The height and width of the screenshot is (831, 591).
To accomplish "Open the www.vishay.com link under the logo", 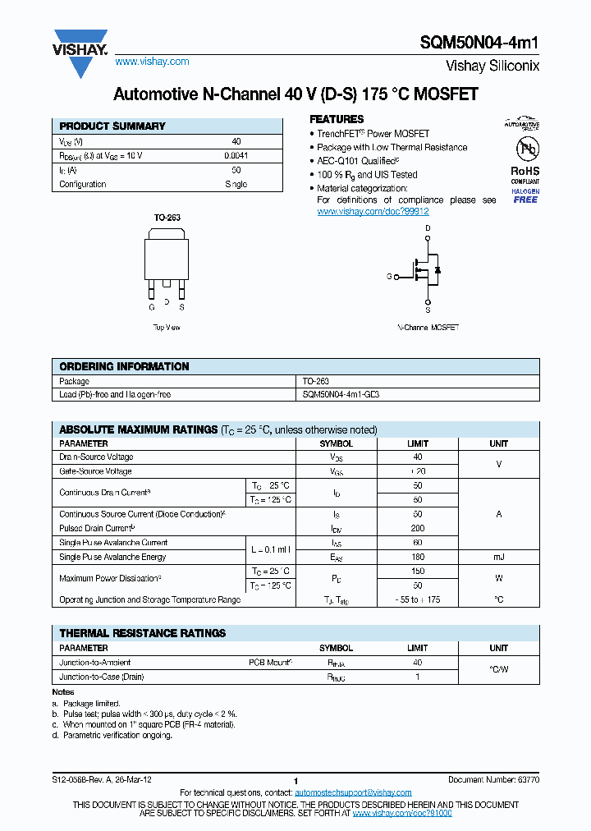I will tap(152, 62).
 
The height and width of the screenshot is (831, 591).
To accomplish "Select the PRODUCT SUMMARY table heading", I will tap(112, 126).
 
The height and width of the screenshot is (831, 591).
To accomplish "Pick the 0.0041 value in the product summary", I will tap(236, 155).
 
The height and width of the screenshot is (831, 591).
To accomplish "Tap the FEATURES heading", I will tap(337, 119).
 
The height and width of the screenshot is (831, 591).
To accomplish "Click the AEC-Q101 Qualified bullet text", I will tap(358, 161).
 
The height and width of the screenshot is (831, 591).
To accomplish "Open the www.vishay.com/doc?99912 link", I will tap(373, 211).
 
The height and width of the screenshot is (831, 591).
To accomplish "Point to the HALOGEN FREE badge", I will tap(525, 195).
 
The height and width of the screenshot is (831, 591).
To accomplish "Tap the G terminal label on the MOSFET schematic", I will tap(389, 277).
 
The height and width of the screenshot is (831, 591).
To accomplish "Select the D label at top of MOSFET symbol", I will tap(427, 227).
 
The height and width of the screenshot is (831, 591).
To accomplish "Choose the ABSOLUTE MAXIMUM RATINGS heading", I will tap(138, 429).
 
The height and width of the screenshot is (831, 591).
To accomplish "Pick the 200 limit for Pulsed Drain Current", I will tap(417, 528).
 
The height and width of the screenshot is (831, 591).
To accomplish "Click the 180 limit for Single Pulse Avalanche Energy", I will tap(417, 557).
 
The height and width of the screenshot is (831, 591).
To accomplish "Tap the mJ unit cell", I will tap(498, 557).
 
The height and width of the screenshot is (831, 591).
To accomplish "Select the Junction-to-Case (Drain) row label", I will tap(102, 677).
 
